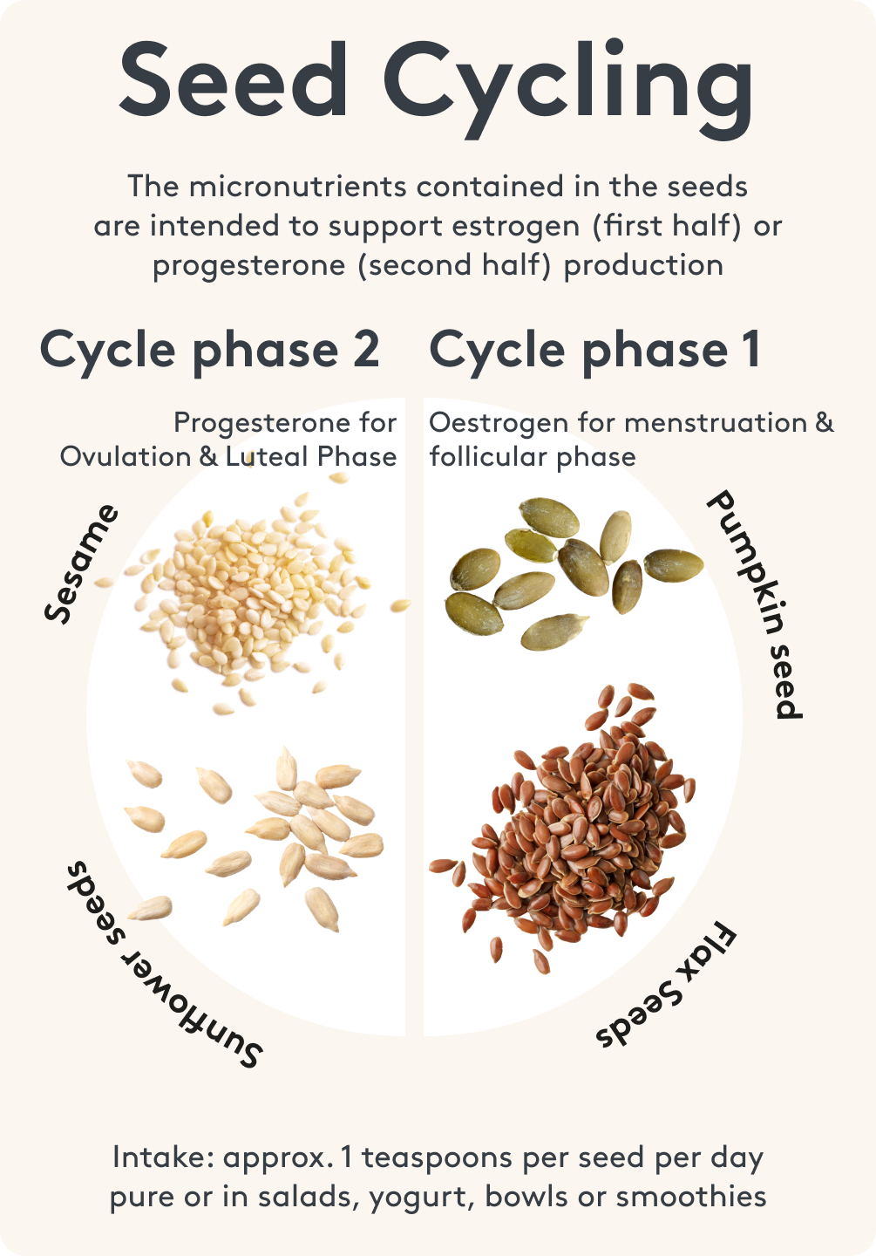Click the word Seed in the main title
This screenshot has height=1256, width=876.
click(233, 78)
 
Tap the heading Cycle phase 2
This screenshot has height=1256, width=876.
click(209, 352)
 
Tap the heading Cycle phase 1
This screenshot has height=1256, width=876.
click(594, 352)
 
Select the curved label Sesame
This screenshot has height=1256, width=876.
click(81, 563)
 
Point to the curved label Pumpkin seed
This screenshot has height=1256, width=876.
click(755, 604)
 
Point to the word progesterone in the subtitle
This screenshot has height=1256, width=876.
click(248, 266)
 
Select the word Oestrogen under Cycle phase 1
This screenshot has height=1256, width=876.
click(499, 424)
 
